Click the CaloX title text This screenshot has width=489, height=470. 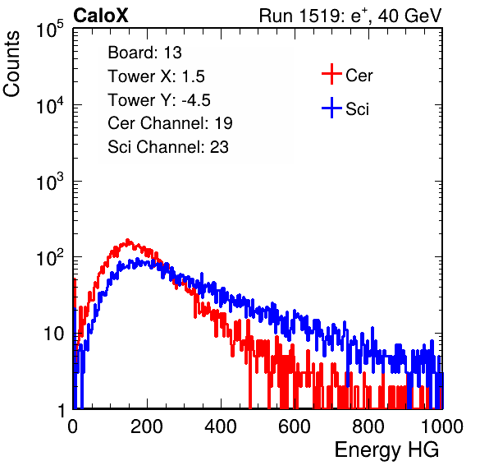click(100, 16)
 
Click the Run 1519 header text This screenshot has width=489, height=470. click(350, 16)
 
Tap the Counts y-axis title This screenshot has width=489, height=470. click(11, 64)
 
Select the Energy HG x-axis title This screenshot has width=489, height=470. click(386, 450)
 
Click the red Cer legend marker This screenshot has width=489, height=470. click(331, 74)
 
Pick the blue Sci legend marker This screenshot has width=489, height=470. click(331, 108)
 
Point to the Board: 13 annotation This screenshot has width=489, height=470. click(144, 53)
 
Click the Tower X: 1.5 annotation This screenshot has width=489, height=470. click(156, 76)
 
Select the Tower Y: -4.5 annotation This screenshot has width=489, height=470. click(159, 100)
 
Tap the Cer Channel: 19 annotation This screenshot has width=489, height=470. click(170, 123)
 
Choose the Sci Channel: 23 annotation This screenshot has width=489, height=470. click(168, 147)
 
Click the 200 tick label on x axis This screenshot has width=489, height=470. click(147, 426)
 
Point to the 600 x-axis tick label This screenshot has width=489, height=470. click(295, 426)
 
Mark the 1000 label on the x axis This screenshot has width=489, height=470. click(442, 426)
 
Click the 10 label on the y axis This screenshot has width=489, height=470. click(54, 334)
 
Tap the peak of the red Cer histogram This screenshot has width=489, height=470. click(127, 240)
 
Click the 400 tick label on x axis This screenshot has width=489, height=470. click(221, 426)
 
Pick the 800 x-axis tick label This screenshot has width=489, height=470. click(368, 426)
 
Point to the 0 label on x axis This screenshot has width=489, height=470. click(73, 426)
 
